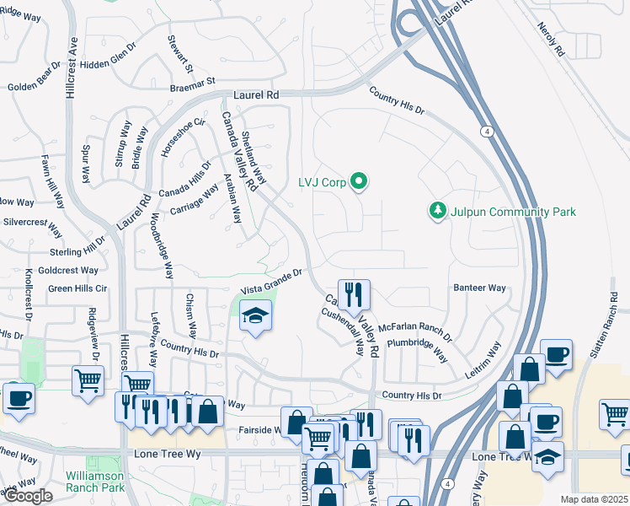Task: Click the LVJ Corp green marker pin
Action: coord(360,181)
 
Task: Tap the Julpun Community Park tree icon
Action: coord(437,210)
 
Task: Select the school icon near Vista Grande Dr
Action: coord(256,318)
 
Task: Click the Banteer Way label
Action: coord(480,288)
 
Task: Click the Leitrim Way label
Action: coord(483,360)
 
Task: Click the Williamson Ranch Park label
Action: coord(96,482)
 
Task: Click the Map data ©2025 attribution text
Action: coord(594,499)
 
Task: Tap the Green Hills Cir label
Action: coord(78,288)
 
